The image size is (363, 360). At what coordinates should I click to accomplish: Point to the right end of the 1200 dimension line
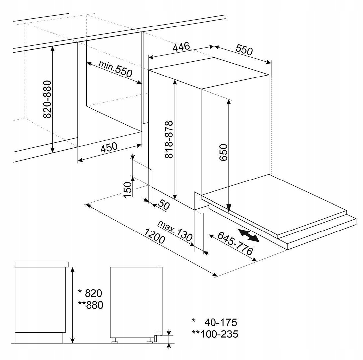[x=216, y=275]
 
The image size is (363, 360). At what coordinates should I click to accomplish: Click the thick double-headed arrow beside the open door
[x=249, y=235]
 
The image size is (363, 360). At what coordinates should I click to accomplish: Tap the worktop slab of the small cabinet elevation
[x=42, y=264]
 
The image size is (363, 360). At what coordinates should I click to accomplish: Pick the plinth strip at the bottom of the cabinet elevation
[x=39, y=338]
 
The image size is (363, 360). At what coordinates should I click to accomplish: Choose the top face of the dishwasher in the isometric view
[x=209, y=73]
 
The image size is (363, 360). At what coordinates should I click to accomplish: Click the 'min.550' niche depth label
[x=115, y=69]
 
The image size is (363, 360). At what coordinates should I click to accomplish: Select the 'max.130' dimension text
[x=175, y=231]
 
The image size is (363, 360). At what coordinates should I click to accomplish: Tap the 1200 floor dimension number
[x=154, y=236]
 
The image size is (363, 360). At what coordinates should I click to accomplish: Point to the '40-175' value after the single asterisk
[x=221, y=322]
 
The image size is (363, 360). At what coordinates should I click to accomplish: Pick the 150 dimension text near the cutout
[x=127, y=189]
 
